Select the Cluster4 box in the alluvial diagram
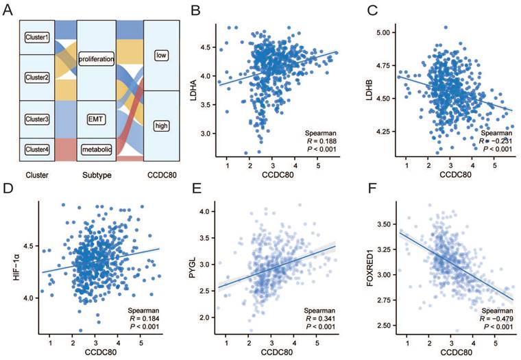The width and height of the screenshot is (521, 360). tap(36, 149)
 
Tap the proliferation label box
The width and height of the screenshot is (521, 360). tap(96, 60)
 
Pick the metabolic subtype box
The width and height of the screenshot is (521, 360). tap(96, 149)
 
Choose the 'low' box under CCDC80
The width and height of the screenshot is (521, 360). tap(162, 55)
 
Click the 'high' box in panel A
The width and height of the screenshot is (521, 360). tap(162, 126)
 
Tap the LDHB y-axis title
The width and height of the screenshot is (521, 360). tap(370, 89)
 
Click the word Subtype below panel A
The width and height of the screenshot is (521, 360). tap(96, 176)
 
